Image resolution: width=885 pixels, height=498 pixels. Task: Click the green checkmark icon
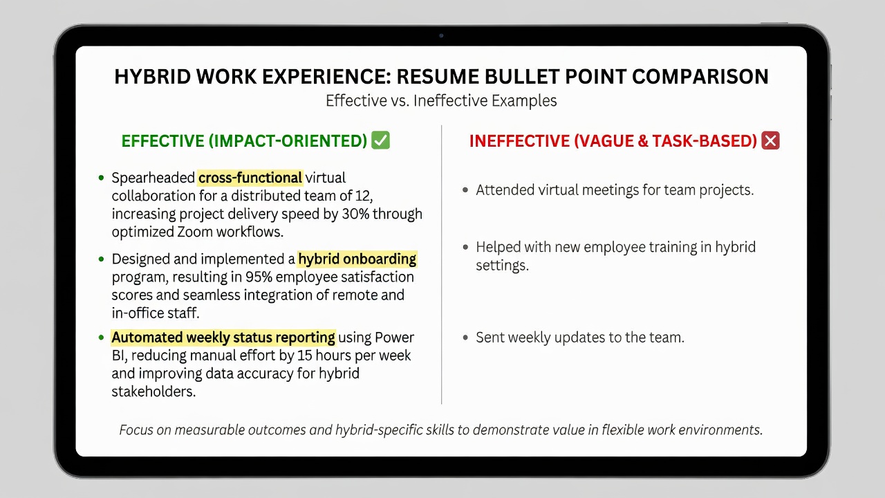(380, 140)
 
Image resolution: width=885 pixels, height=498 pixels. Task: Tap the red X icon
(770, 140)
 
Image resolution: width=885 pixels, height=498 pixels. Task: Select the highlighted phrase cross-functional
(250, 178)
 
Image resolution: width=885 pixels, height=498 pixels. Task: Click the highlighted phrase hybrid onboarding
(357, 259)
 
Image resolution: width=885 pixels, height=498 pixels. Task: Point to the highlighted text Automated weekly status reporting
(223, 338)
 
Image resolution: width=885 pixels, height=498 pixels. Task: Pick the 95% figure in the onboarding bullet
(259, 277)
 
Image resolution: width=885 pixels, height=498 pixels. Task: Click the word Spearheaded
(153, 178)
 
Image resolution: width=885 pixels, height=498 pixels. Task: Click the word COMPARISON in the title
(700, 77)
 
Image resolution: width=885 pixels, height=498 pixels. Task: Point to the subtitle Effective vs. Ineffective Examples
(441, 101)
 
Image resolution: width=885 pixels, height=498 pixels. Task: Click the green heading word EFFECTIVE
(162, 141)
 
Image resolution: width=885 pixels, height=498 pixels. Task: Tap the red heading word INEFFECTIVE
(519, 141)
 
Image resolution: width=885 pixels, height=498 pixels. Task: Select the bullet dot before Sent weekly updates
(465, 338)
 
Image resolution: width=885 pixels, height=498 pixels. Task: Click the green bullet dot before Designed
(101, 259)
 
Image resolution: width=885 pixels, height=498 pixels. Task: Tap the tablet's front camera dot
(441, 35)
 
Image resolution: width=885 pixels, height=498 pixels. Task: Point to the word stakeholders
(153, 391)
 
